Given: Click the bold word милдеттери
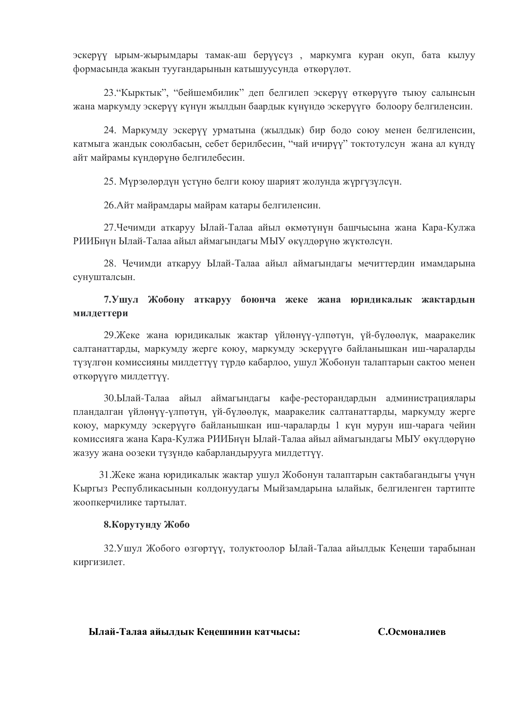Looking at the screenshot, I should point(101,313).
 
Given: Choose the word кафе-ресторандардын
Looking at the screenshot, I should point(328,398).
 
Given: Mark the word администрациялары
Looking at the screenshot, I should point(430,398).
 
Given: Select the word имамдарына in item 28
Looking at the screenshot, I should point(448,263).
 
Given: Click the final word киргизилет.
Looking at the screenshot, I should point(99,562).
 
